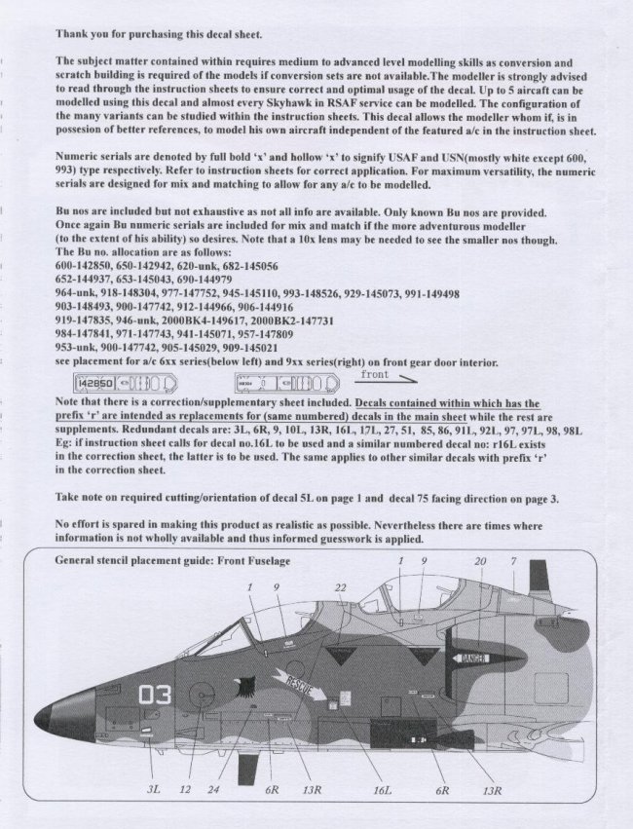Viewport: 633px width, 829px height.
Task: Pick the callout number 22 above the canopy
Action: point(340,588)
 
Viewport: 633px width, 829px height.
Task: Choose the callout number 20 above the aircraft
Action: point(480,562)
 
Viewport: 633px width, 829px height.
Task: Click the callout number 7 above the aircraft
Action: point(512,562)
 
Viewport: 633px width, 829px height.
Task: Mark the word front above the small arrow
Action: point(375,373)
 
